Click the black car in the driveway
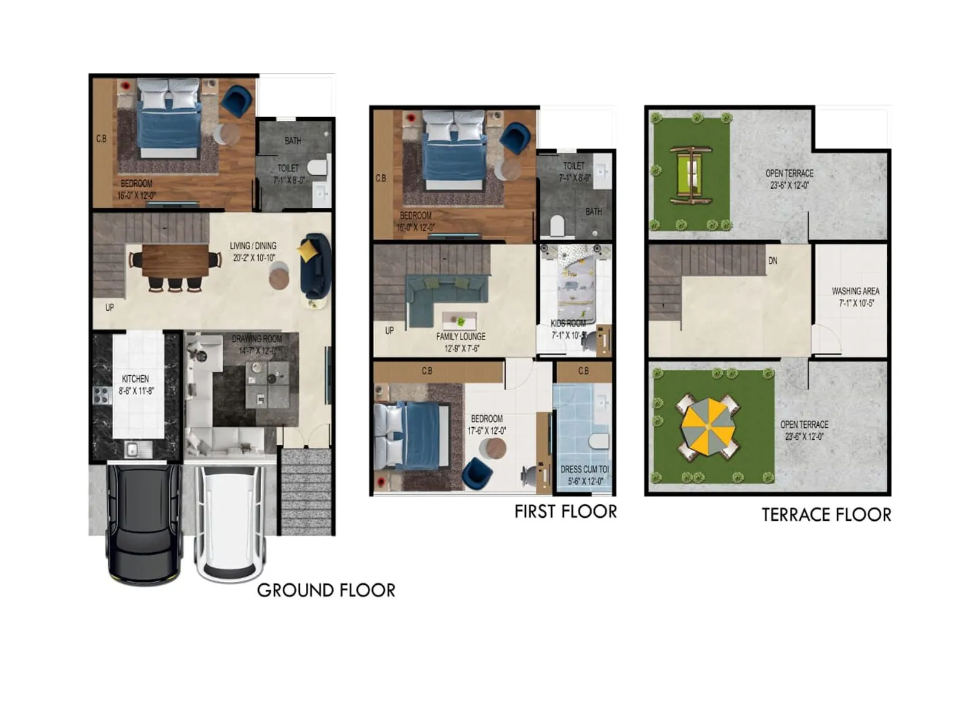(144, 522)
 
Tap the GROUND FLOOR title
(326, 590)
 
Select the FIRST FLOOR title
(565, 512)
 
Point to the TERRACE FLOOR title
(826, 515)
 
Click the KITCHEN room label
(135, 379)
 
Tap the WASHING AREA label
(855, 291)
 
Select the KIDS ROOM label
(568, 323)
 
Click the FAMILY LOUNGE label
(461, 337)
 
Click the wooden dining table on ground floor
(175, 260)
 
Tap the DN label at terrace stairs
(772, 261)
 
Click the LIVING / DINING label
(253, 246)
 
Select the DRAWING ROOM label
(257, 339)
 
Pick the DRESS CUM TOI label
(584, 469)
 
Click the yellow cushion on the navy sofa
(308, 250)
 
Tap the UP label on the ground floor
(109, 308)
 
